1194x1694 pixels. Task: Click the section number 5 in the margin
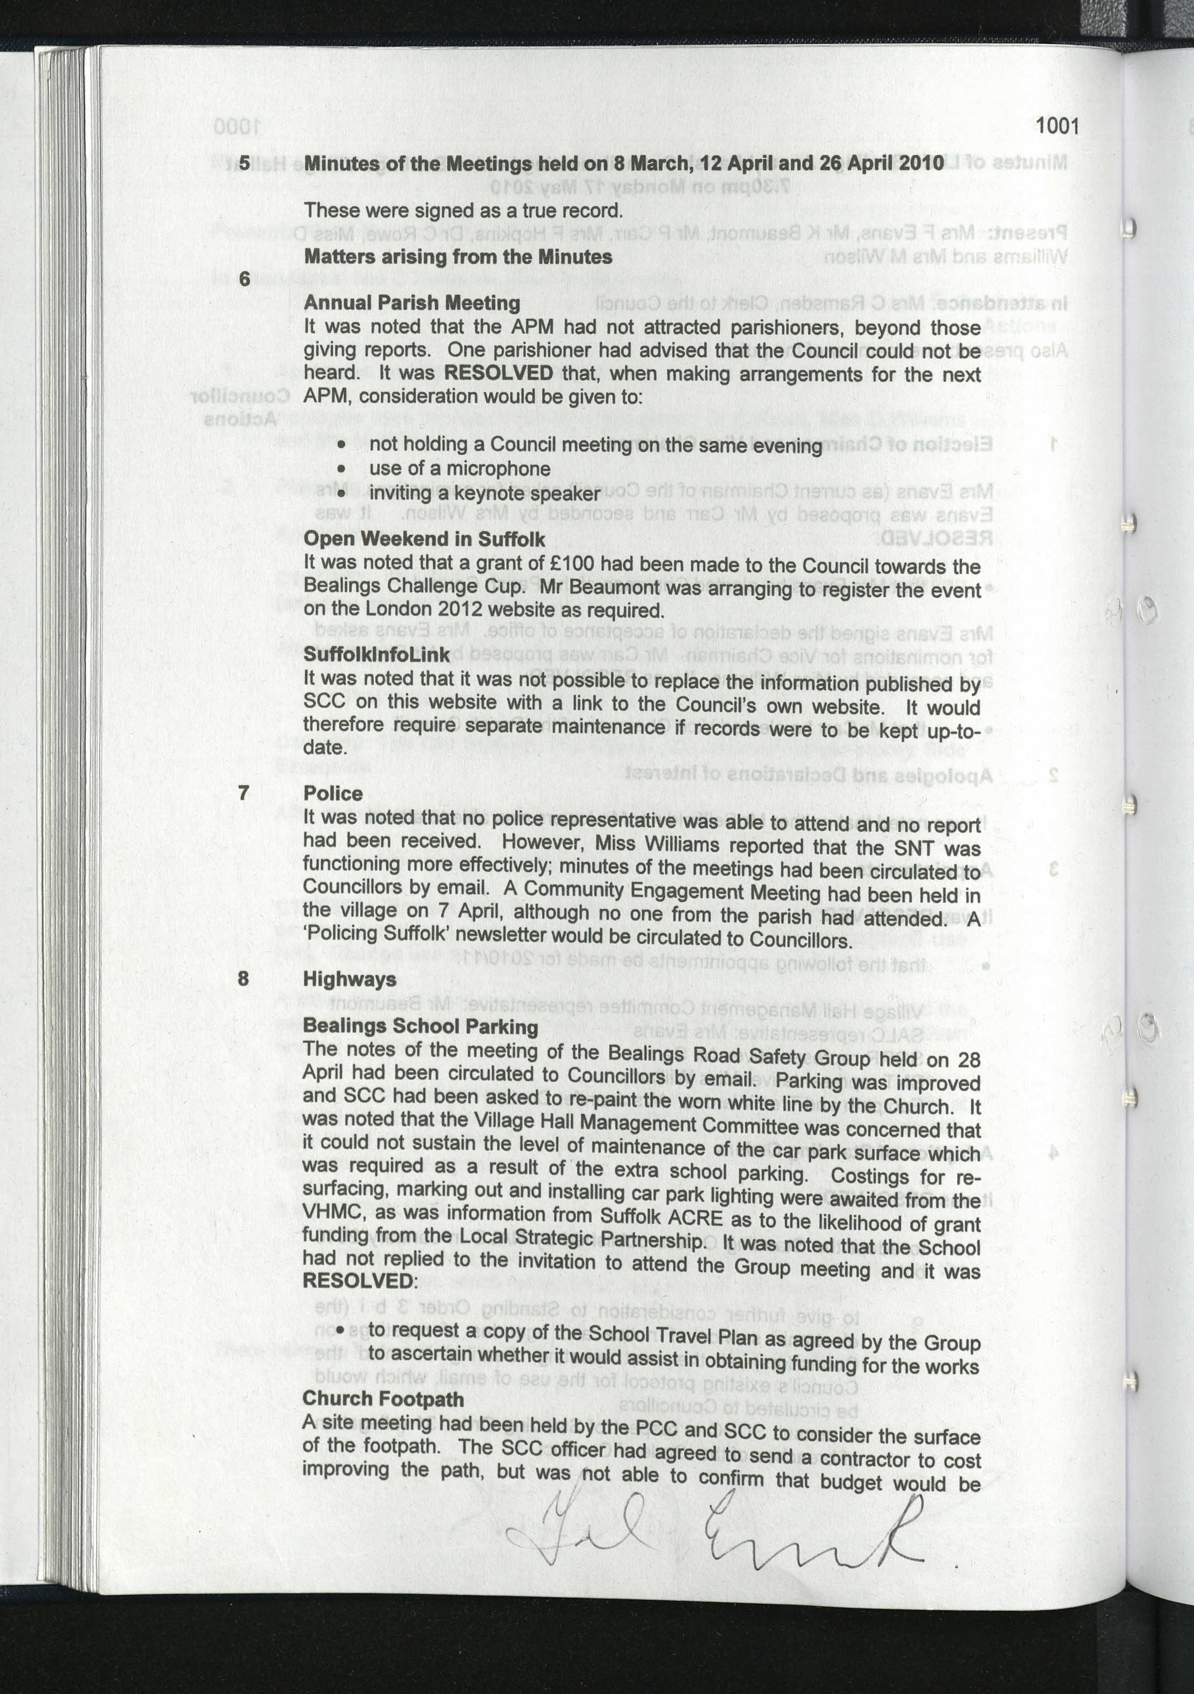244,162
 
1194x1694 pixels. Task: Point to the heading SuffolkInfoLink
376,654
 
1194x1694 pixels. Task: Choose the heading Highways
349,979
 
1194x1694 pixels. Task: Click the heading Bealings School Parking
420,1026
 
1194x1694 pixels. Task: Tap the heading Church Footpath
383,1399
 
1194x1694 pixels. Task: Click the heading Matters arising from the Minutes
457,257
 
